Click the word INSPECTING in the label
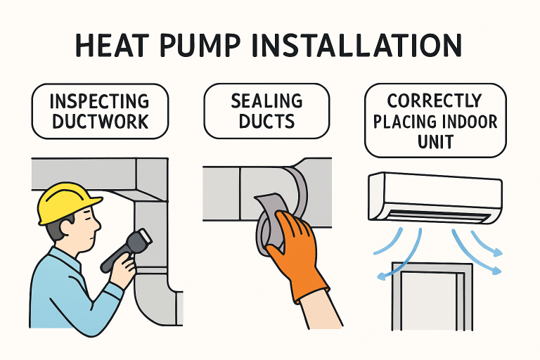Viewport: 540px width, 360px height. click(x=100, y=102)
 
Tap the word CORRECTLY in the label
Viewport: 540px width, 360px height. click(x=434, y=101)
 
